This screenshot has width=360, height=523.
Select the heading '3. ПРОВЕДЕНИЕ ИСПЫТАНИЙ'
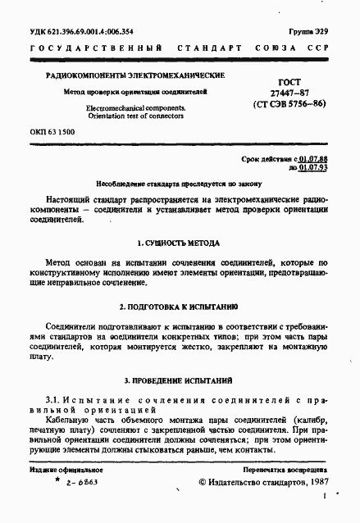click(178, 381)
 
